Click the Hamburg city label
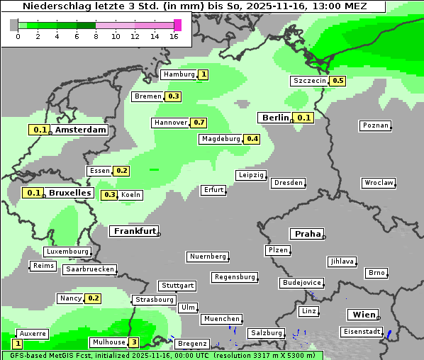[179, 74]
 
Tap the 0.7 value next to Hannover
[199, 123]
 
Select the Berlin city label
[275, 118]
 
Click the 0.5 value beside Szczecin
[337, 81]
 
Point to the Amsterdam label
[80, 130]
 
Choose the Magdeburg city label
[221, 139]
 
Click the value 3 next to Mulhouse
[133, 342]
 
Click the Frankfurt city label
[134, 231]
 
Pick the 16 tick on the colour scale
[174, 36]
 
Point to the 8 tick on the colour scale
[96, 36]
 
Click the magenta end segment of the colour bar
[177, 25]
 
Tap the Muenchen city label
[221, 319]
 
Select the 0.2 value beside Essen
[121, 171]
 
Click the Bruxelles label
[69, 193]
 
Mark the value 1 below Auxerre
[17, 343]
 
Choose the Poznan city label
[375, 125]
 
